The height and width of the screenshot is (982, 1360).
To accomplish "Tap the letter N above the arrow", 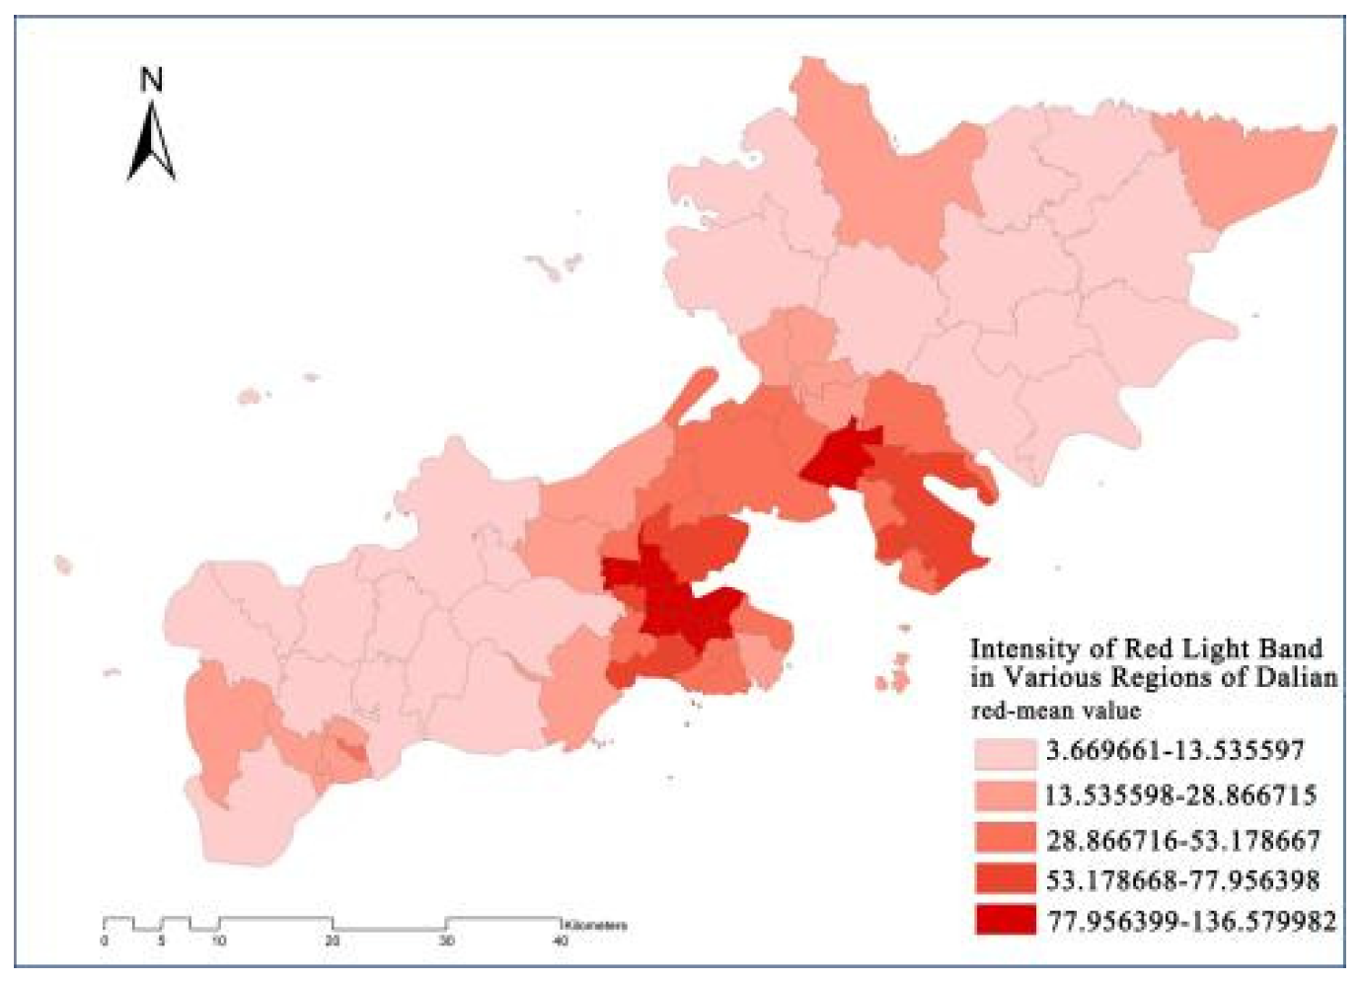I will (x=151, y=80).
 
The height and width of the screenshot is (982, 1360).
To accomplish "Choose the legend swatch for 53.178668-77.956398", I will (x=1005, y=879).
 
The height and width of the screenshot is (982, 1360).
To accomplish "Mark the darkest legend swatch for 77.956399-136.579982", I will (x=1005, y=920).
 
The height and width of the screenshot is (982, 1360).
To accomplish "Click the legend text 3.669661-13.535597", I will (x=1175, y=751).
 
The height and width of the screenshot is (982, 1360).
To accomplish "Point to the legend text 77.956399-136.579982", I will (x=1191, y=921).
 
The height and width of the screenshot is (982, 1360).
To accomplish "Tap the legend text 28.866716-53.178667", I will (x=1182, y=840).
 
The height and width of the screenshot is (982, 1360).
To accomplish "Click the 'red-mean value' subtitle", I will (x=1055, y=711).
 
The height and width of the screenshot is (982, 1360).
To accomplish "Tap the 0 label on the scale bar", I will (x=105, y=941).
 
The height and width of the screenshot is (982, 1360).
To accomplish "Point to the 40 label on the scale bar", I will (x=560, y=941).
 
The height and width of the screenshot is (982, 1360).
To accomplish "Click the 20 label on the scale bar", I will (x=333, y=941).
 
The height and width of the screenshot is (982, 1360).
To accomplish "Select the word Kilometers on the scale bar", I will (x=596, y=926).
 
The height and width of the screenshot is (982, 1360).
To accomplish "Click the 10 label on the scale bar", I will (x=218, y=941).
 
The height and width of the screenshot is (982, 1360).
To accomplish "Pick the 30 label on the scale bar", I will (x=446, y=941).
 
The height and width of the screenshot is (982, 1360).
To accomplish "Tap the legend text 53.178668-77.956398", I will (x=1182, y=880).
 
